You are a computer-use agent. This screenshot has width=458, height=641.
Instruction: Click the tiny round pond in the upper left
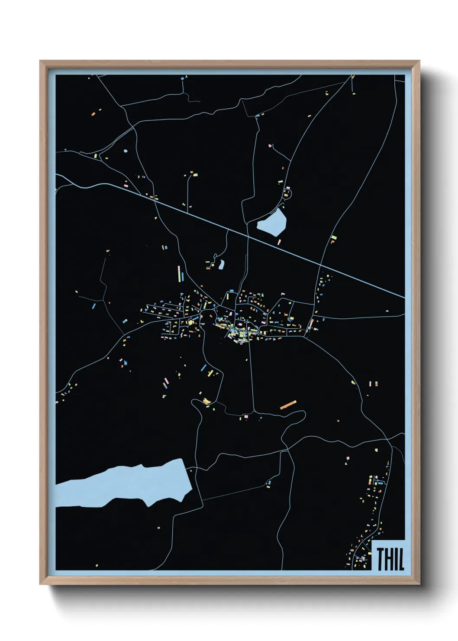coord(126,152)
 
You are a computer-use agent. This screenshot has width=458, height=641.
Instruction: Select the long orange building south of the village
coord(288,405)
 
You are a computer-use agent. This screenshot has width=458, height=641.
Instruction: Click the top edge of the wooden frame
coord(229,63)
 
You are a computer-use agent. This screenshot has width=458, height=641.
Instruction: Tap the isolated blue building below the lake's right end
coord(269,483)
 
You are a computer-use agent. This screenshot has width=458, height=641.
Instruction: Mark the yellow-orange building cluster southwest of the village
coord(205,401)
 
